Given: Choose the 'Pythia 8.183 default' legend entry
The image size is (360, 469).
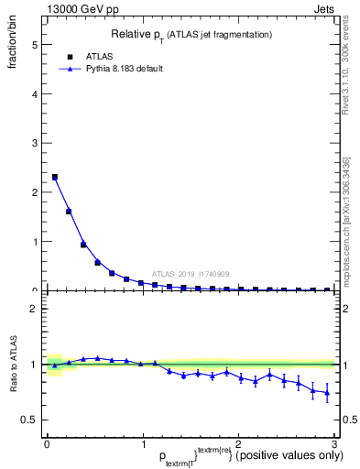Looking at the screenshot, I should point(123,69).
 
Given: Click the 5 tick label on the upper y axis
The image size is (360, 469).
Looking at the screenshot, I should point(34,44).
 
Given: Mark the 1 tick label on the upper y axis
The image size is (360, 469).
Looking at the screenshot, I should point(34,242).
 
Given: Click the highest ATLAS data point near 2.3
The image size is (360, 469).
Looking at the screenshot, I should point(55,177).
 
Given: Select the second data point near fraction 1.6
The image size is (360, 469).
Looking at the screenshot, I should point(69,212).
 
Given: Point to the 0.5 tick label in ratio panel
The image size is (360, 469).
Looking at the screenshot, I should point(29,420).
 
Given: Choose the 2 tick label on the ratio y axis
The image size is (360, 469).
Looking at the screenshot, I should point(34,309).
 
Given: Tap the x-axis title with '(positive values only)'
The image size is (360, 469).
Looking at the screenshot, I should point(211,456).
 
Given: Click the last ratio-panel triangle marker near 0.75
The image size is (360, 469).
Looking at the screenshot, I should point(327,393).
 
